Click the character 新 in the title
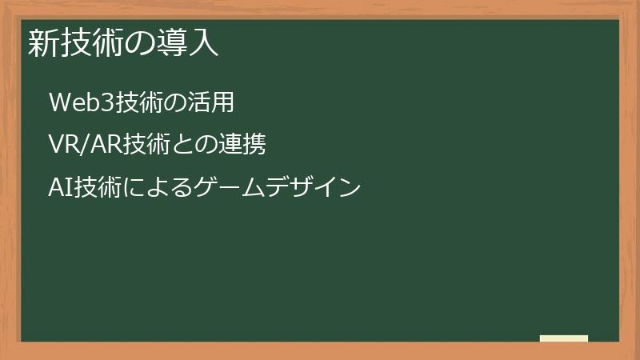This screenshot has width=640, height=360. [x=41, y=42]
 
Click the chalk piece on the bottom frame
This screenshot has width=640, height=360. [x=564, y=338]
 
